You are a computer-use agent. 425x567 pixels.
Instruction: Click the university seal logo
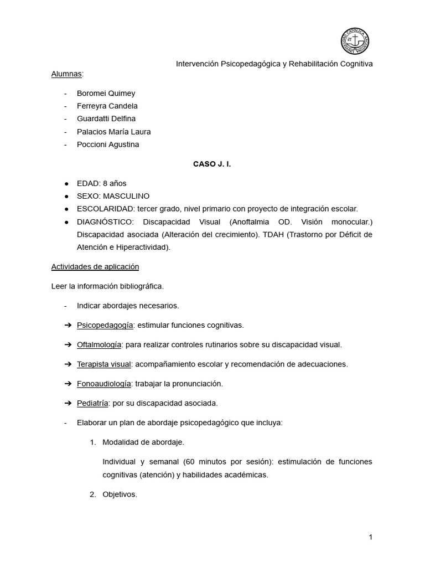tap(355, 42)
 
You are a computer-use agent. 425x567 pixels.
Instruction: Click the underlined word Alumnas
tap(67, 74)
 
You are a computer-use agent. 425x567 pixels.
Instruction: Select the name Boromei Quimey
tap(106, 93)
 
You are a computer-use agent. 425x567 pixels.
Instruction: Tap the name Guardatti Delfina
tap(106, 118)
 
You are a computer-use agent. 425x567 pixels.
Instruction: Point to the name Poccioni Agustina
tap(108, 145)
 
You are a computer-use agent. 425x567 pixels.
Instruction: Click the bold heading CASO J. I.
tap(212, 164)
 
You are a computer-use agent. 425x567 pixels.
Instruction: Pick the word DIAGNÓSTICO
tap(102, 221)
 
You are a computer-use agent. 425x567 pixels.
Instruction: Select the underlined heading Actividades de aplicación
tap(95, 266)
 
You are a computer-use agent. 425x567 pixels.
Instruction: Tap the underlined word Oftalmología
tap(99, 344)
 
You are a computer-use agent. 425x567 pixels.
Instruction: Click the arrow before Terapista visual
tap(68, 364)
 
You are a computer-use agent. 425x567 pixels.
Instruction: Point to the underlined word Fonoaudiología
tap(104, 383)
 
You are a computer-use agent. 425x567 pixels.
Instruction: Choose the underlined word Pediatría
tap(92, 403)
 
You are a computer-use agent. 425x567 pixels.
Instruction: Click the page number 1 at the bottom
tap(370, 537)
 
